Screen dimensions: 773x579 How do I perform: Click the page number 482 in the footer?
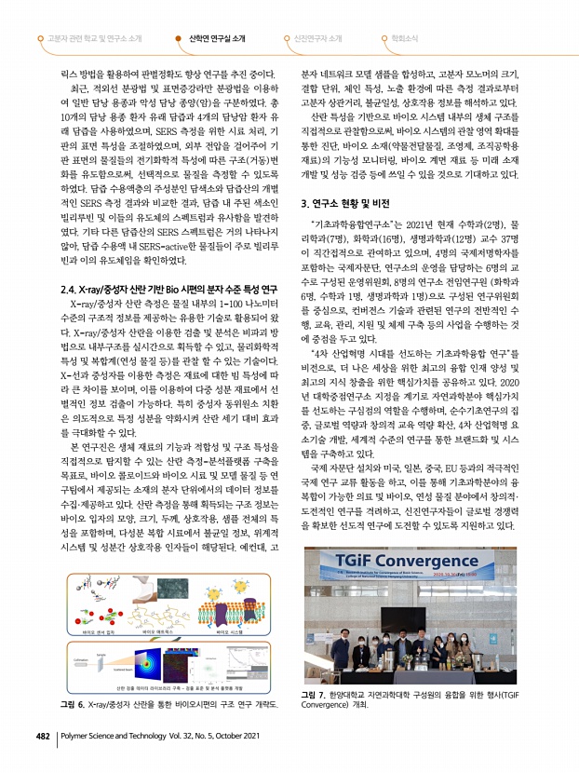[41, 760]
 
